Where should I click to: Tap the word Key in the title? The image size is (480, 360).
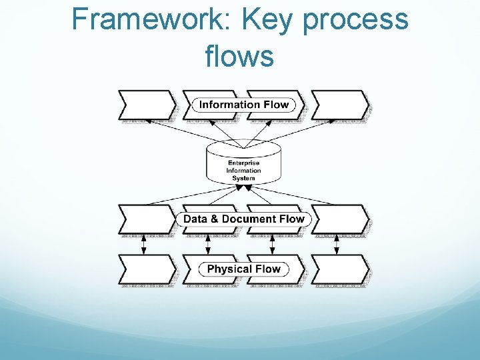pyautogui.click(x=269, y=20)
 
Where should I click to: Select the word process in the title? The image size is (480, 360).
pyautogui.click(x=355, y=20)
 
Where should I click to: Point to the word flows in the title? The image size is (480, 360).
pyautogui.click(x=239, y=56)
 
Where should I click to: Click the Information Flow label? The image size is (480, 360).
pyautogui.click(x=244, y=105)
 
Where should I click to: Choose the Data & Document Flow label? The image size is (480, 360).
pyautogui.click(x=243, y=219)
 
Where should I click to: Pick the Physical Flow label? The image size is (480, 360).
pyautogui.click(x=244, y=269)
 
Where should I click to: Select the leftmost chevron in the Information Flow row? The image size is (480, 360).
pyautogui.click(x=147, y=105)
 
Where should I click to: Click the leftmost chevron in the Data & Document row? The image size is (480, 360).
pyautogui.click(x=147, y=219)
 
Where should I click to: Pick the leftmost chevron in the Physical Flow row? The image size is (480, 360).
pyautogui.click(x=147, y=269)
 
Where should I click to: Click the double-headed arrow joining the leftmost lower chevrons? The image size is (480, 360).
pyautogui.click(x=143, y=244)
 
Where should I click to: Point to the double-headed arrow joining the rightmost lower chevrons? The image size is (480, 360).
pyautogui.click(x=337, y=244)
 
